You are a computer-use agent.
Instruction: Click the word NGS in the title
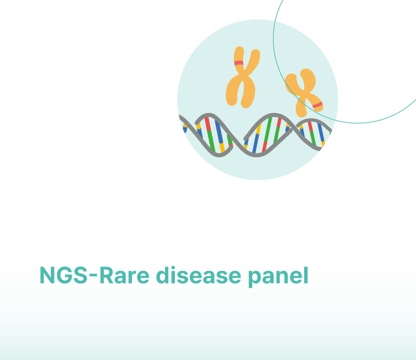click(64, 276)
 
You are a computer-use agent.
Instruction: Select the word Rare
click(124, 276)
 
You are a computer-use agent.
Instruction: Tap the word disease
click(198, 275)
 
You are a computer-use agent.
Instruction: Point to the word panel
click(278, 277)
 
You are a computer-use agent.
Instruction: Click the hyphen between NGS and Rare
click(94, 277)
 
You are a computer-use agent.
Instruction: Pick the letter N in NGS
click(47, 276)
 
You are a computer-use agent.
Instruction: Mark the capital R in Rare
click(106, 276)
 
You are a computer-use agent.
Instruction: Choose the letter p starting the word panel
click(255, 279)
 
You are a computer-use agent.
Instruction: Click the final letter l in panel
click(306, 275)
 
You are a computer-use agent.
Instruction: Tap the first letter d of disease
click(163, 275)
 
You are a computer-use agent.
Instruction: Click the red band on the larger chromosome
click(239, 63)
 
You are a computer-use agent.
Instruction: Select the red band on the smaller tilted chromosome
click(318, 105)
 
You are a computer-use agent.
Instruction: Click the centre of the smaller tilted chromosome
click(304, 92)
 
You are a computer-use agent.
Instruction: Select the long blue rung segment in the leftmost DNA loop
click(219, 132)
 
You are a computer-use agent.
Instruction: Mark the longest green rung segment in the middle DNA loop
click(268, 130)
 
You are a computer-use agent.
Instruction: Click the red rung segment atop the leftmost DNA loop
click(208, 124)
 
